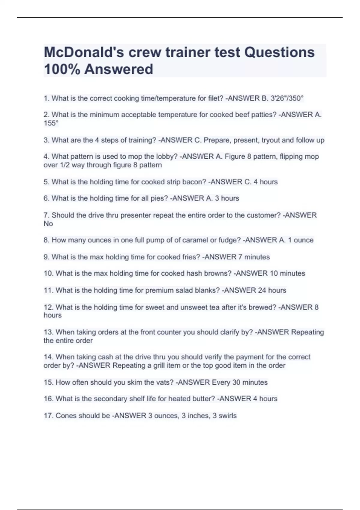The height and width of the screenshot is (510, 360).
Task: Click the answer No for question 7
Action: [48, 223]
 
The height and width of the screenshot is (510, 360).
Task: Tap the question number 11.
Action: [48, 290]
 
